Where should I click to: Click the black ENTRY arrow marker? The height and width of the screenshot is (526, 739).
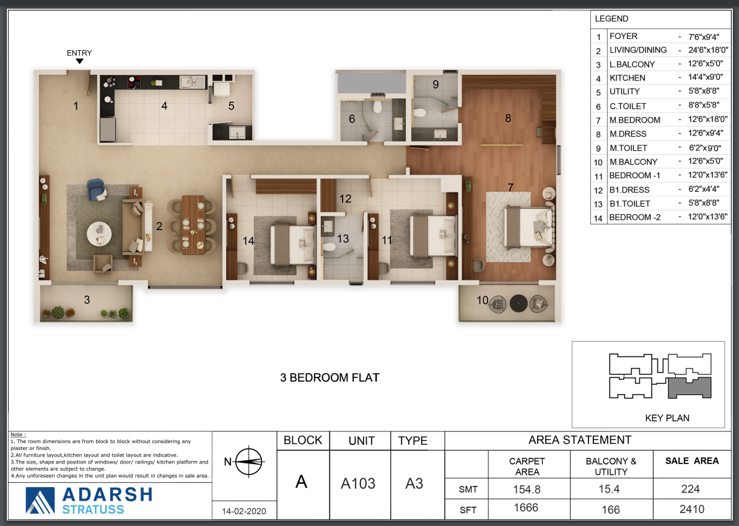[80, 61]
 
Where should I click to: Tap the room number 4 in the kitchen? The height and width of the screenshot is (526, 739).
[164, 106]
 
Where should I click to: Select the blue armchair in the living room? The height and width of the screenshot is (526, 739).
[96, 189]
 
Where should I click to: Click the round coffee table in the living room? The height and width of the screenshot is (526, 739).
[100, 234]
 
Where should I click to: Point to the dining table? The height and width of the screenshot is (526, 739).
[193, 225]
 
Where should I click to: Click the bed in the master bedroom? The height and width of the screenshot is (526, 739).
[528, 228]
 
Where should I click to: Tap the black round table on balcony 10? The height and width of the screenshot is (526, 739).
[518, 303]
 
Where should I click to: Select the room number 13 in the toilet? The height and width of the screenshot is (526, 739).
[343, 239]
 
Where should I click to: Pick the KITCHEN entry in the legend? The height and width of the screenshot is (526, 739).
[627, 78]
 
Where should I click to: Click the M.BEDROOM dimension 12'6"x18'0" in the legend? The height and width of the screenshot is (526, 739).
[707, 119]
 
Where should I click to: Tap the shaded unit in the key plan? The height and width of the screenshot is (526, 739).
[689, 387]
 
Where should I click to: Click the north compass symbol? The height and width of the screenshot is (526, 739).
[248, 462]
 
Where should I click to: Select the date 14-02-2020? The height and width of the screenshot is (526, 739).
[243, 511]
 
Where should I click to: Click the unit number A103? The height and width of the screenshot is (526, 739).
[358, 484]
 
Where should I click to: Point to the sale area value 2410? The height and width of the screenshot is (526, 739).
[692, 509]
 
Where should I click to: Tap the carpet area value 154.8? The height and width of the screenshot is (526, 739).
[527, 489]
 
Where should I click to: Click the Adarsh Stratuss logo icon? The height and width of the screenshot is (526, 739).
[40, 500]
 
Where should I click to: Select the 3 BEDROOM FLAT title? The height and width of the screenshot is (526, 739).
[330, 377]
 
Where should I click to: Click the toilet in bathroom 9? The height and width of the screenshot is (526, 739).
[419, 112]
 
